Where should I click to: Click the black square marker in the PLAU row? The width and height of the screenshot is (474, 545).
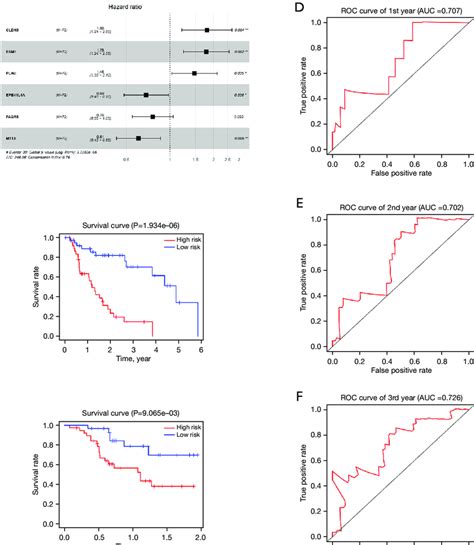(195, 73)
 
